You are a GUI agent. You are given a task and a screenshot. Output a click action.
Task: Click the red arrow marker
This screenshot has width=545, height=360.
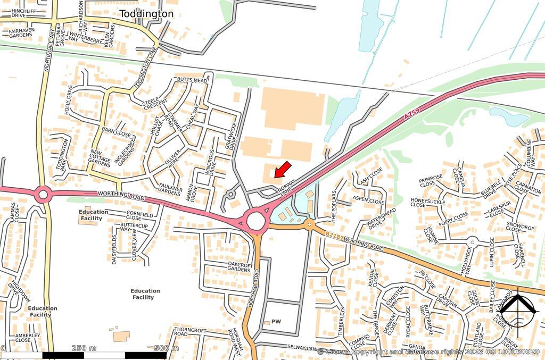click(x=283, y=169)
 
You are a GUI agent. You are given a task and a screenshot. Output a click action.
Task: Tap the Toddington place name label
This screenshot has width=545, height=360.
click(x=146, y=14)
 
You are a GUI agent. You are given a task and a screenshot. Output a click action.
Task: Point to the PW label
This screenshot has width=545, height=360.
click(x=276, y=322)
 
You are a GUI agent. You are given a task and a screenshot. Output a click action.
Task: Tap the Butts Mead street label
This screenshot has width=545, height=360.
click(x=192, y=80)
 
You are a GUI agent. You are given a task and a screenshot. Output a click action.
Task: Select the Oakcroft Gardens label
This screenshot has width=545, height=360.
click(x=238, y=267)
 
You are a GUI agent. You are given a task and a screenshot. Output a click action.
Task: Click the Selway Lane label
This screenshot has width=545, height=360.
click(x=303, y=348)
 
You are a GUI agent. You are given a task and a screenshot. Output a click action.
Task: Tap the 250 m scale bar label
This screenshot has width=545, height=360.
click(x=84, y=348)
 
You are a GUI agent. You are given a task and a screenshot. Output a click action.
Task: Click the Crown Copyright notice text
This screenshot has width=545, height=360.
click(x=428, y=352)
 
